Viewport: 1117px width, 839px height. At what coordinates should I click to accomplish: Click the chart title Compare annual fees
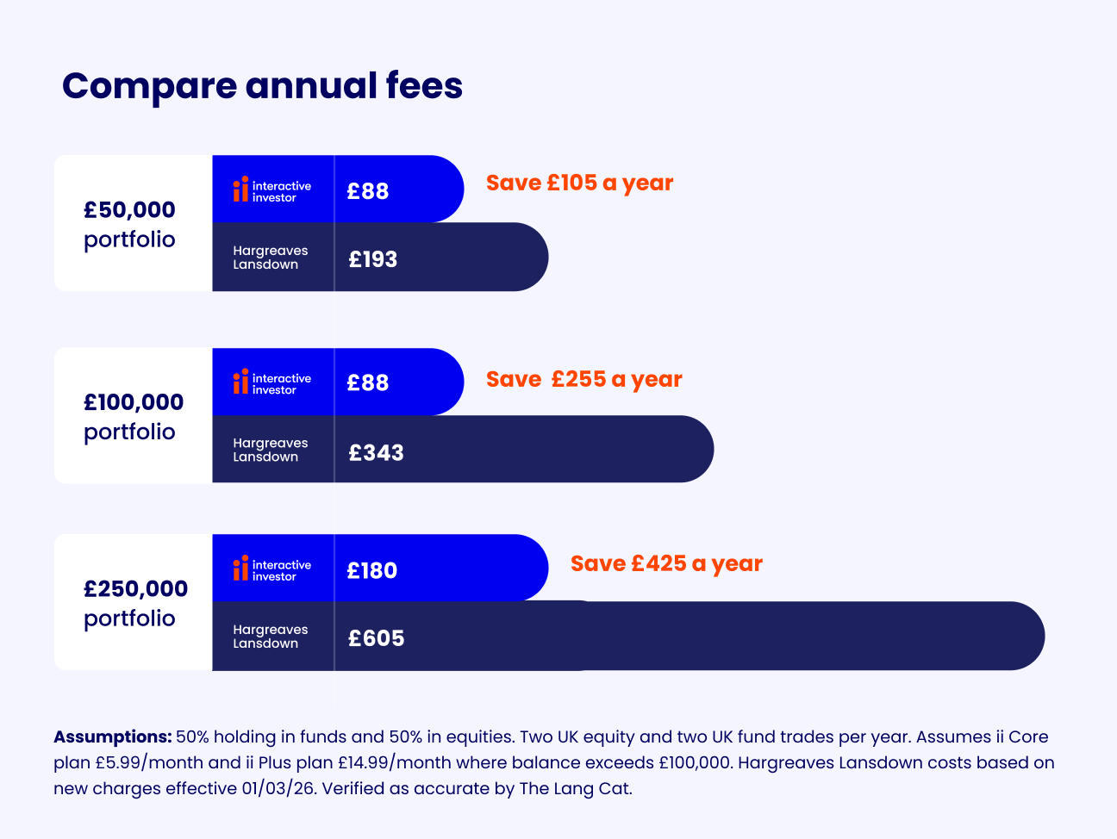point(262,86)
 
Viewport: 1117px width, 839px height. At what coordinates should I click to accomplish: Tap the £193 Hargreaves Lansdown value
point(372,258)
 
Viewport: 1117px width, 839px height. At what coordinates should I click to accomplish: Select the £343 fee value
point(376,451)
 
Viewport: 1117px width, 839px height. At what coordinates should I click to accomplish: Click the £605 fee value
point(376,637)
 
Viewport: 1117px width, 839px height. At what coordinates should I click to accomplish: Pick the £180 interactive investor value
point(371,570)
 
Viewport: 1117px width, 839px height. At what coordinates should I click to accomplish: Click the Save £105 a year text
point(579,183)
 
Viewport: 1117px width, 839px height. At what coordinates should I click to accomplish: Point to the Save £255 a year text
point(583,379)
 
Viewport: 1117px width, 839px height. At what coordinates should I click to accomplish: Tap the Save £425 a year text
point(666,563)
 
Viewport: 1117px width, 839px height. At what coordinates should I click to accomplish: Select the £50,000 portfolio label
point(129,224)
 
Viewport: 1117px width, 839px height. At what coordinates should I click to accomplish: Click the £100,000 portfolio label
point(133,416)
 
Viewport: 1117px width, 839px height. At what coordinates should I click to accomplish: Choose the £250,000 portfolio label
point(135,603)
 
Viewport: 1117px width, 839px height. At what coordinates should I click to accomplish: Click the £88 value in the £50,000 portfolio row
point(368,190)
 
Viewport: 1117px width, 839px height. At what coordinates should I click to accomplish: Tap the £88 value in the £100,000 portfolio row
point(368,382)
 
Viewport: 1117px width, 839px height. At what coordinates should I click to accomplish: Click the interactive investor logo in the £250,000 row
point(271,569)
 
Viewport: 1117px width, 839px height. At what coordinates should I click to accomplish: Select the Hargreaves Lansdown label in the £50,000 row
point(270,258)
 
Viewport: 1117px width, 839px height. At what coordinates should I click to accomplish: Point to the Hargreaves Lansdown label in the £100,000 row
point(270,450)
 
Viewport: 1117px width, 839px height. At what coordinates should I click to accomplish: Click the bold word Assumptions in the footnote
point(113,737)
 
